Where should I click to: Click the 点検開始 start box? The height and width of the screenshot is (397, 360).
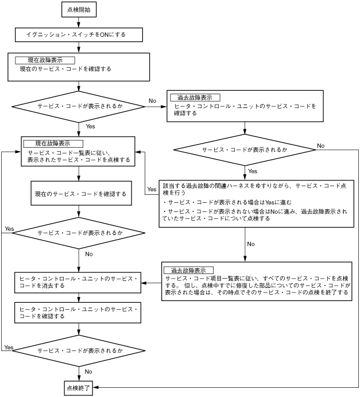[78, 11]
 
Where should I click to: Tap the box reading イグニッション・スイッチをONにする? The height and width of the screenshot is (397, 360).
[78, 34]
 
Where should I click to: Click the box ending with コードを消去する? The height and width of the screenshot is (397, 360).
[78, 282]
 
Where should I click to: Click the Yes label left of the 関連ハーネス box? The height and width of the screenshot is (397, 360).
[152, 189]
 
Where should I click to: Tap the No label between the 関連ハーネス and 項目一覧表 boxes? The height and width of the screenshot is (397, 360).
[251, 244]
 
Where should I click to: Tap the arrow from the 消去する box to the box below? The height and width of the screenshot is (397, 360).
[78, 297]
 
